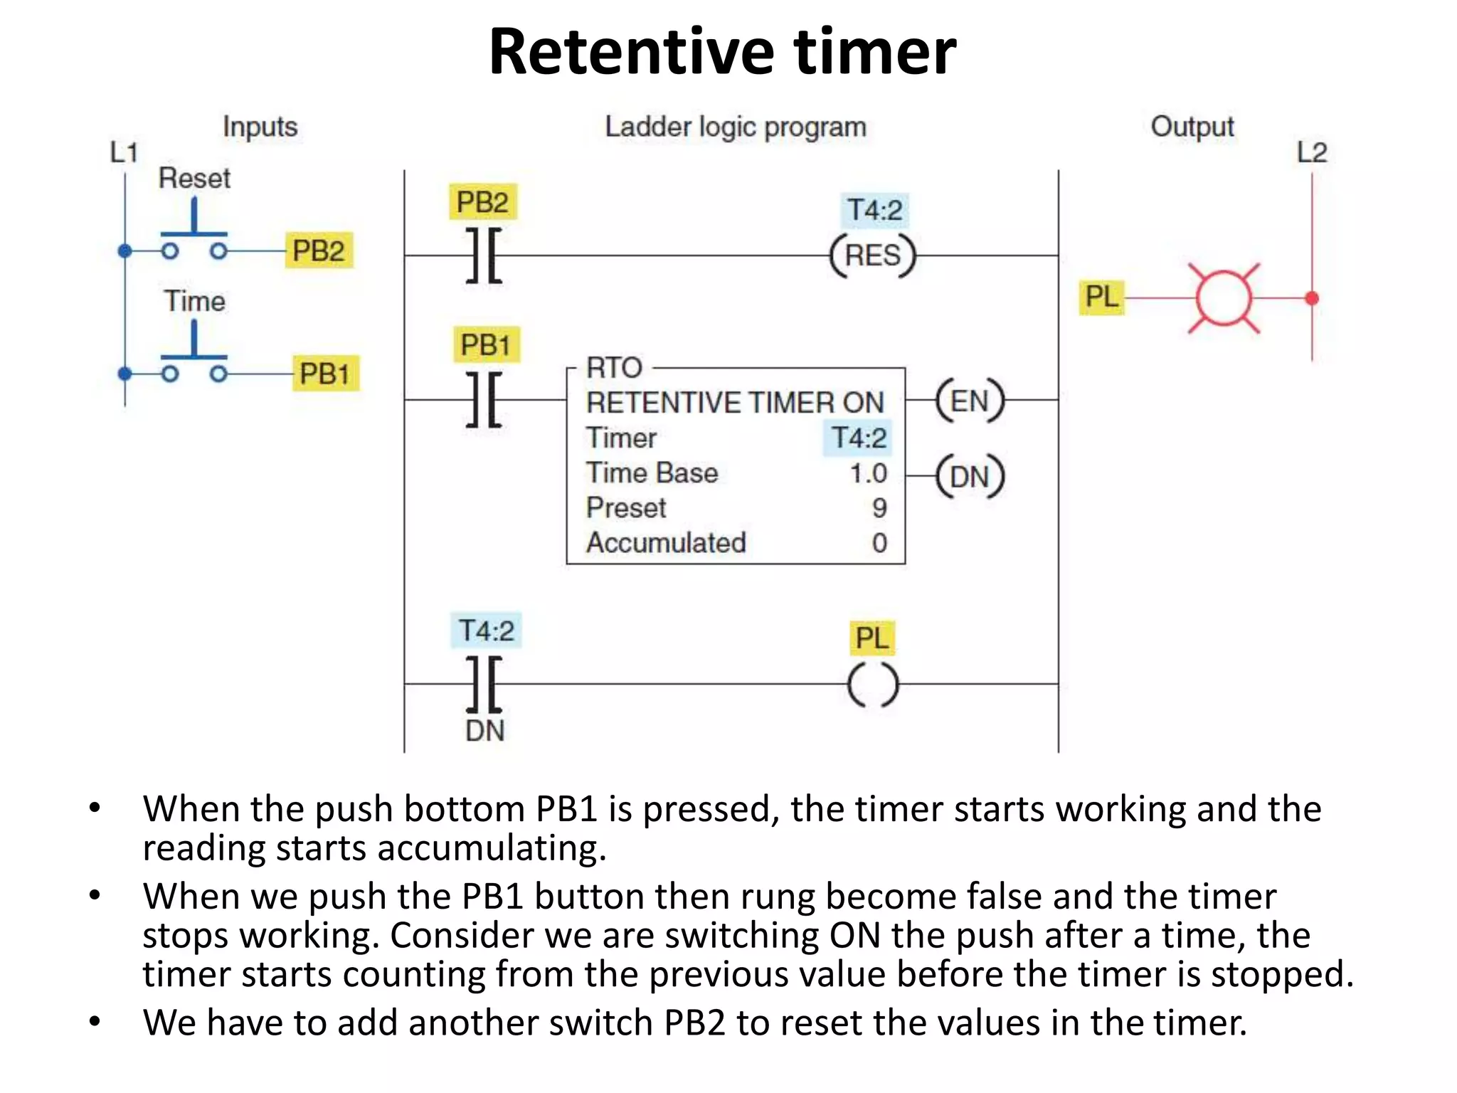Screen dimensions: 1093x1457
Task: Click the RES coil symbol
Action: [x=873, y=255]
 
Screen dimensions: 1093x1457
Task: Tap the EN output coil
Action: [x=969, y=401]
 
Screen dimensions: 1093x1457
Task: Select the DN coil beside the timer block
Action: [x=969, y=476]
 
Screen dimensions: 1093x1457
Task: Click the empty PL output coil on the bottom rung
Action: [x=873, y=685]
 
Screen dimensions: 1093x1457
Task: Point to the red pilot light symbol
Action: [x=1224, y=299]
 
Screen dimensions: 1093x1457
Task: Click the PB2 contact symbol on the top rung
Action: [x=484, y=255]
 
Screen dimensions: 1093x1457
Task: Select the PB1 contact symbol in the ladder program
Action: [x=484, y=400]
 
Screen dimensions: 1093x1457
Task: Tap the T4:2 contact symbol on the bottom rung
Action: [x=484, y=685]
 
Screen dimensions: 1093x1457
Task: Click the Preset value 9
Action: [x=879, y=508]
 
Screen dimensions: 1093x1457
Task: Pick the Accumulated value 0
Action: [x=879, y=543]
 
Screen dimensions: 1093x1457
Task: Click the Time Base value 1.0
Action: [x=869, y=473]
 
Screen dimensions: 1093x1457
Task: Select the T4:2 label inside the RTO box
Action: [x=859, y=438]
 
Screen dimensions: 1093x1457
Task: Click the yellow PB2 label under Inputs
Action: [x=318, y=250]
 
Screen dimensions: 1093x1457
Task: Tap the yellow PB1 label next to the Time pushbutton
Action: [x=325, y=374]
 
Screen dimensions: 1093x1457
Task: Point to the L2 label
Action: [x=1311, y=152]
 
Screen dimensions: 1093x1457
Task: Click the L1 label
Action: [x=123, y=152]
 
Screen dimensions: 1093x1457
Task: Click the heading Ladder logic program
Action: [x=736, y=127]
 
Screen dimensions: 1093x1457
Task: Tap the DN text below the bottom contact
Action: [x=484, y=731]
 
